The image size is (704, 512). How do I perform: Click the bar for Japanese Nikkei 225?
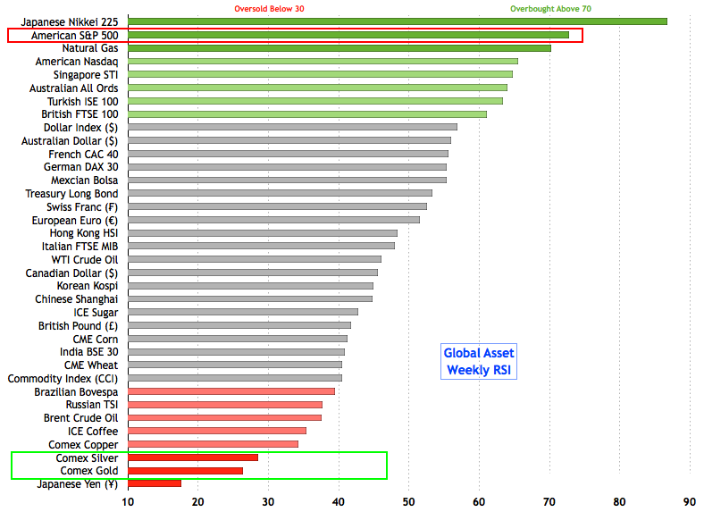click(x=398, y=21)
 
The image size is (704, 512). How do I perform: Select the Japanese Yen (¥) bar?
click(x=155, y=483)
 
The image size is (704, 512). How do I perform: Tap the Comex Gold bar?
click(x=186, y=471)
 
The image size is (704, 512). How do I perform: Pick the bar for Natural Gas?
click(x=339, y=48)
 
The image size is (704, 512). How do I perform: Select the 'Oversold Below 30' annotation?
click(x=270, y=9)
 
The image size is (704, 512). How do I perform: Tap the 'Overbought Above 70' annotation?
click(x=550, y=9)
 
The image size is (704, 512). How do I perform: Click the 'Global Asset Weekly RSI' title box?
click(x=480, y=361)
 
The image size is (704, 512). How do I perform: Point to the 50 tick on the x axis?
click(x=409, y=502)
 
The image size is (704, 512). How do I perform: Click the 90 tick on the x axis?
click(x=689, y=502)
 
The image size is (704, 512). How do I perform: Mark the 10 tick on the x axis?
click(x=129, y=502)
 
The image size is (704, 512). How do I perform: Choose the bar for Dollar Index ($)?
click(x=293, y=127)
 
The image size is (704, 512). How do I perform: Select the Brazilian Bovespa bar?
click(x=231, y=391)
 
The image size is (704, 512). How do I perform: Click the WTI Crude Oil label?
click(x=84, y=259)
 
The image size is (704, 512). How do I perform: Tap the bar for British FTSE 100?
click(x=307, y=114)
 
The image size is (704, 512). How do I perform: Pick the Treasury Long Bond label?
click(x=71, y=193)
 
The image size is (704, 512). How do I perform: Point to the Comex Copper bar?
click(x=214, y=444)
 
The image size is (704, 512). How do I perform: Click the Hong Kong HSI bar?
click(x=263, y=233)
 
